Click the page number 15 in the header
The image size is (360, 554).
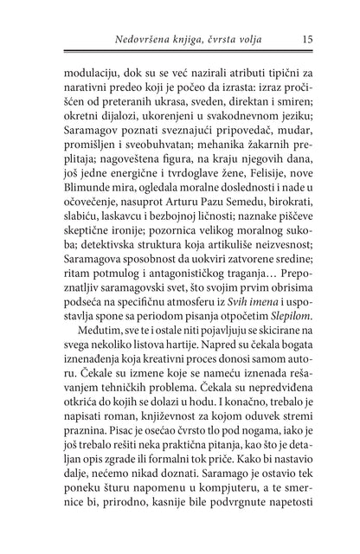(308, 37)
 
